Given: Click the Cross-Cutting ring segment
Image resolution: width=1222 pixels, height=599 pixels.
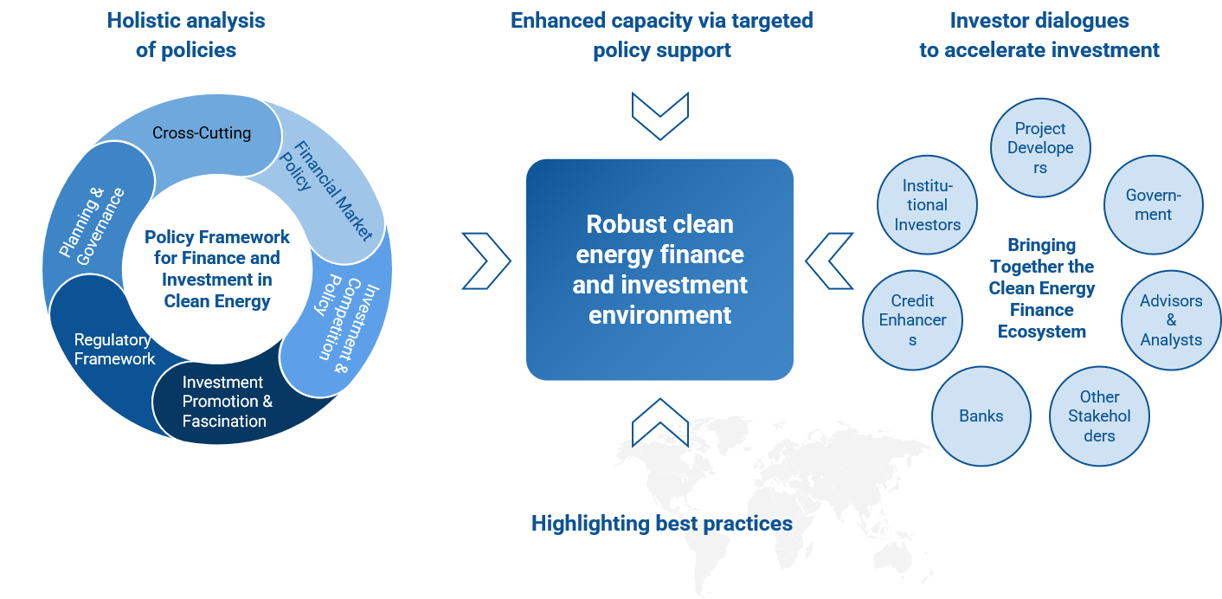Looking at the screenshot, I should pyautogui.click(x=202, y=133).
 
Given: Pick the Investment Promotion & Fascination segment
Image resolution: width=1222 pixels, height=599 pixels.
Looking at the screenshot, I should pyautogui.click(x=224, y=402).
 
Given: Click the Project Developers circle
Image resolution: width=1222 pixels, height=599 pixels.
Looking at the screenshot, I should pyautogui.click(x=1040, y=148).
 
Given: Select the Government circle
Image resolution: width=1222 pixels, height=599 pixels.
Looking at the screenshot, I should pyautogui.click(x=1153, y=205).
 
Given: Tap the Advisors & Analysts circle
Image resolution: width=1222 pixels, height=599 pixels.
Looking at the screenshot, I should pyautogui.click(x=1171, y=320).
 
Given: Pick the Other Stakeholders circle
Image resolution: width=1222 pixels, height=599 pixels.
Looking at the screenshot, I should pyautogui.click(x=1099, y=416).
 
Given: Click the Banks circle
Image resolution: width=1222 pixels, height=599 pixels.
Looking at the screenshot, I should pyautogui.click(x=981, y=416).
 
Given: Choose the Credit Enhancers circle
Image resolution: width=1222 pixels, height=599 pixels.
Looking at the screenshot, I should pyautogui.click(x=912, y=320).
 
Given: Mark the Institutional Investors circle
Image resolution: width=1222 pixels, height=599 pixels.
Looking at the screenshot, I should pyautogui.click(x=927, y=205).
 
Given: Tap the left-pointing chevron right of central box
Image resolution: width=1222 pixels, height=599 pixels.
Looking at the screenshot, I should pyautogui.click(x=830, y=261).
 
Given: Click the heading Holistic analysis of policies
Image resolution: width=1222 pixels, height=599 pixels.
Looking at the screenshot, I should pyautogui.click(x=186, y=35).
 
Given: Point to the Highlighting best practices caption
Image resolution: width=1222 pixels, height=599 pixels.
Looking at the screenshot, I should pyautogui.click(x=661, y=524).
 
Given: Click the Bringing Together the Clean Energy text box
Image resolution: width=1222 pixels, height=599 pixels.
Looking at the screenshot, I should pyautogui.click(x=1041, y=288).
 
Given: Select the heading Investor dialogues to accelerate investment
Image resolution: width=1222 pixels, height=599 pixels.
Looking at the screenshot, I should pyautogui.click(x=1039, y=35).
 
